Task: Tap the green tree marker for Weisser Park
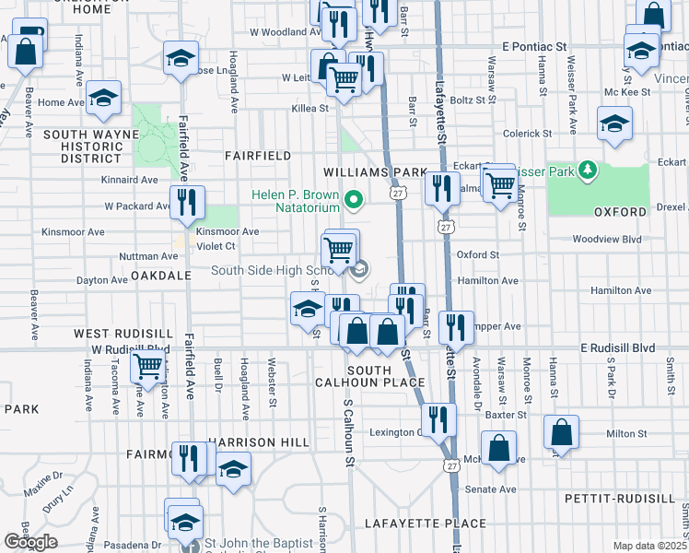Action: coord(587,171)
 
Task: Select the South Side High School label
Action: coord(276,270)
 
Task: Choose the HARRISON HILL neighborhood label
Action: coord(257,442)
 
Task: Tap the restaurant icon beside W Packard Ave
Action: coord(187,202)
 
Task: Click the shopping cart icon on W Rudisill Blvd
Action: coord(147,366)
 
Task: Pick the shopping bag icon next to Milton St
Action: coord(560,432)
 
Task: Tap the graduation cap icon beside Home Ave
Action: coord(104,98)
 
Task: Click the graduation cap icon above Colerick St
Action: coord(613,124)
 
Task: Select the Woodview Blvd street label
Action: coord(605,239)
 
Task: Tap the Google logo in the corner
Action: coord(31,542)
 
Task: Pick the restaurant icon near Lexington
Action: coord(442,418)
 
